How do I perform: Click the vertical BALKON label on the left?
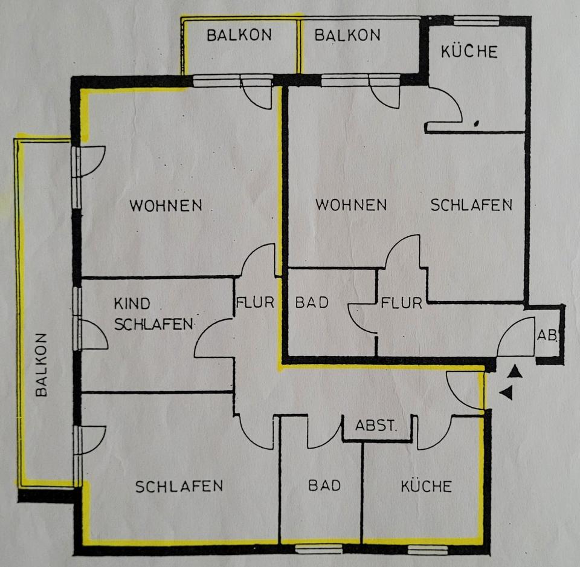pyautogui.click(x=42, y=365)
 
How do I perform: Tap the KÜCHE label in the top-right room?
pyautogui.click(x=469, y=51)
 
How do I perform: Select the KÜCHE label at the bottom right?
pyautogui.click(x=427, y=486)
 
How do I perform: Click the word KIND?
pyautogui.click(x=132, y=303)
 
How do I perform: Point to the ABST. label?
pyautogui.click(x=376, y=426)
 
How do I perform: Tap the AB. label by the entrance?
pyautogui.click(x=547, y=335)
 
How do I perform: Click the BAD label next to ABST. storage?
pyautogui.click(x=324, y=485)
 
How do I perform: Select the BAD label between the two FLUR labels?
pyautogui.click(x=312, y=302)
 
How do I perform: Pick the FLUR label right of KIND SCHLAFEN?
pyautogui.click(x=255, y=302)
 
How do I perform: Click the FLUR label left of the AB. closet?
pyautogui.click(x=401, y=303)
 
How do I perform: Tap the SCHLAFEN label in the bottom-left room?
pyautogui.click(x=179, y=487)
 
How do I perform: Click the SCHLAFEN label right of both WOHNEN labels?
pyautogui.click(x=471, y=205)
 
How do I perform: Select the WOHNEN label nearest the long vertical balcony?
pyautogui.click(x=166, y=206)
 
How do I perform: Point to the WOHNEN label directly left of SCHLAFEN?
pyautogui.click(x=351, y=205)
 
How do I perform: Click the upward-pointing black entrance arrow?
pyautogui.click(x=515, y=372)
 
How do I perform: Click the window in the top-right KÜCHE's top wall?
pyautogui.click(x=477, y=21)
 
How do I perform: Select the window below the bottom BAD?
pyautogui.click(x=319, y=548)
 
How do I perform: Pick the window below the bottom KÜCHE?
pyautogui.click(x=428, y=549)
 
